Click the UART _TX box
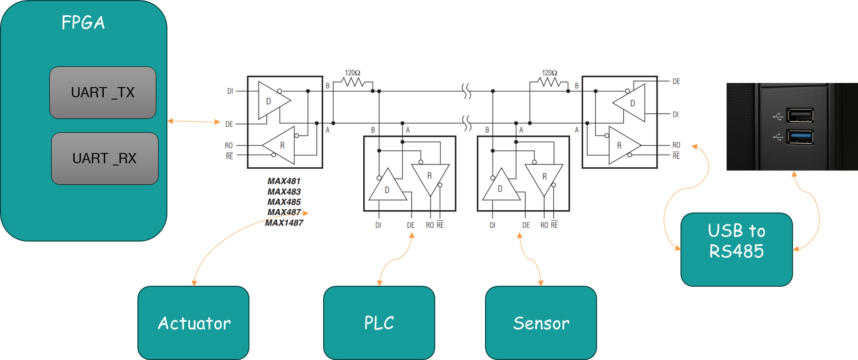[102, 93]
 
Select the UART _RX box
[105, 159]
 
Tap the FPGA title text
[83, 23]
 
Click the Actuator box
[194, 323]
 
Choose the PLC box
[379, 323]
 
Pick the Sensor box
[541, 323]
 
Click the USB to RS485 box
[736, 249]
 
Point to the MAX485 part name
[284, 202]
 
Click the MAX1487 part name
[284, 223]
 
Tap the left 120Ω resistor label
[353, 73]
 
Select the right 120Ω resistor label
[550, 73]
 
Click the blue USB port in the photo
[800, 137]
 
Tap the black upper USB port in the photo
[800, 115]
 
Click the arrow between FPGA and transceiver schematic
[194, 122]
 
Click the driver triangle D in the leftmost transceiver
[272, 101]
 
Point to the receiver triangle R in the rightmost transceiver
[622, 145]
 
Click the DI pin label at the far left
[230, 91]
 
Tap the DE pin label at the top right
[676, 82]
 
